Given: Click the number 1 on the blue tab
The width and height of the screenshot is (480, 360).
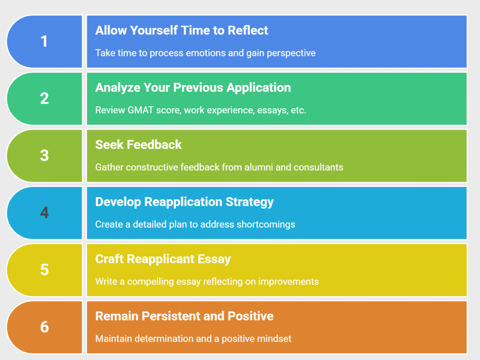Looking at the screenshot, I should click(44, 41).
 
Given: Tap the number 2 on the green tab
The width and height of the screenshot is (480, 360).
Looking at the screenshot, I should click(44, 98).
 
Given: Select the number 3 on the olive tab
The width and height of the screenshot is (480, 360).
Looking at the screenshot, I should click(44, 155).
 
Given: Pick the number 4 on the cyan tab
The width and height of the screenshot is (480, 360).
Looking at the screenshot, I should click(44, 212).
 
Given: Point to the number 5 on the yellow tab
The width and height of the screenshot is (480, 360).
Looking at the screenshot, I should click(44, 270).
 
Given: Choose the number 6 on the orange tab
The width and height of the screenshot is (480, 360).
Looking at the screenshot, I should click(44, 326).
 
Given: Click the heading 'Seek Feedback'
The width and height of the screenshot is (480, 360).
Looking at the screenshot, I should click(138, 145).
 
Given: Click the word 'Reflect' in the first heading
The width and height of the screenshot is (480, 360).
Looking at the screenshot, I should click(248, 30).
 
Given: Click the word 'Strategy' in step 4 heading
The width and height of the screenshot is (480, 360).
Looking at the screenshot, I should click(251, 202).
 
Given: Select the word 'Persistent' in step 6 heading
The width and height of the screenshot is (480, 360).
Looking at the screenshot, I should click(171, 316).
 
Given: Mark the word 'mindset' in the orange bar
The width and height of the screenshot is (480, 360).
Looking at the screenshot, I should click(275, 338).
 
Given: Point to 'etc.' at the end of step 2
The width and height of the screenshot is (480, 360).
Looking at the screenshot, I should click(299, 110).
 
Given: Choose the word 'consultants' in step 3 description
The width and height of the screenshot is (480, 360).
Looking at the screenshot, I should click(318, 167).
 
